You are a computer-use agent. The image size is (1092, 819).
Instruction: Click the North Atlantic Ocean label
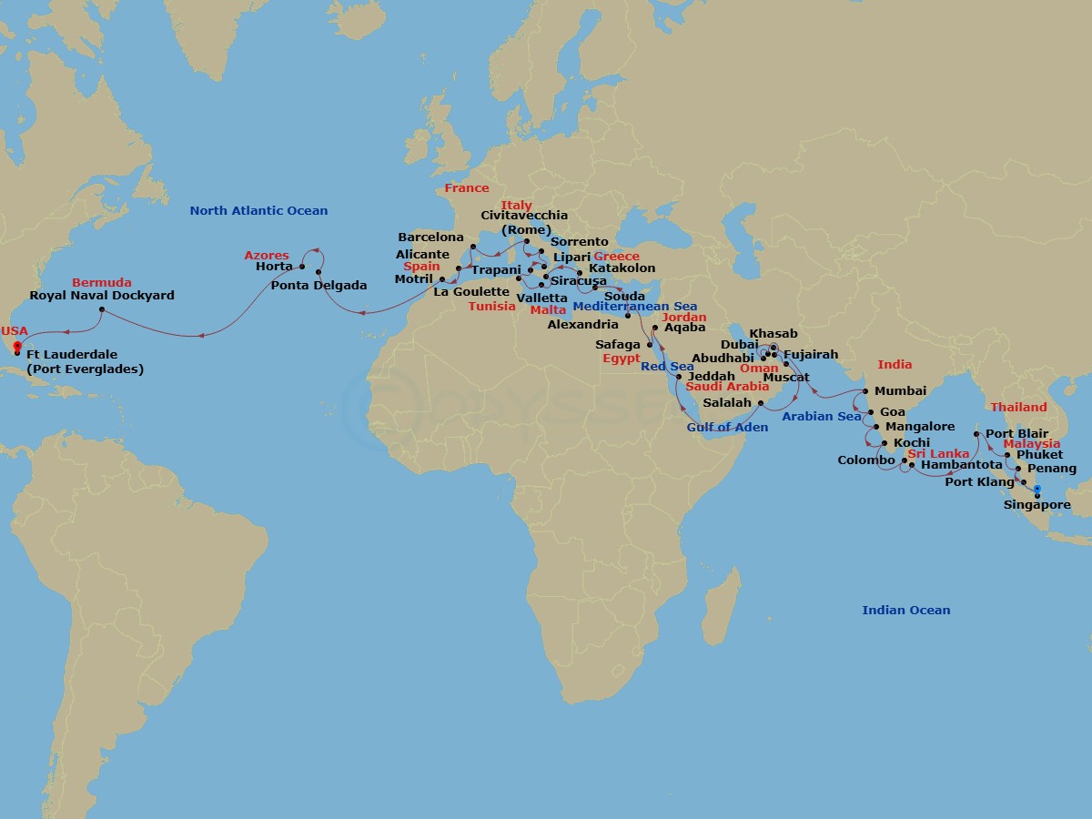258,211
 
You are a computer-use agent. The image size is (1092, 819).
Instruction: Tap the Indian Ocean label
905,611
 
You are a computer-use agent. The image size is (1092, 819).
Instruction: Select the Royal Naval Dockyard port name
102,296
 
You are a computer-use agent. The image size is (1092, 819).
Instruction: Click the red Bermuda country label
102,282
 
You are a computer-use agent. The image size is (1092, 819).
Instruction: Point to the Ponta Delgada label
318,286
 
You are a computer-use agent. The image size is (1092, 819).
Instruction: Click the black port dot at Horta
301,267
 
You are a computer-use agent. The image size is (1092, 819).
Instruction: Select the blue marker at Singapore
1037,490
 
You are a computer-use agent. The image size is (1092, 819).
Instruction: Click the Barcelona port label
430,238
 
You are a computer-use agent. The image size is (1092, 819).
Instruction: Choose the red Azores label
267,256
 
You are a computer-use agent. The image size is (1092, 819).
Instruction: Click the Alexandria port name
583,325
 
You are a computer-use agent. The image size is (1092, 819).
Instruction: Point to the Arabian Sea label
822,417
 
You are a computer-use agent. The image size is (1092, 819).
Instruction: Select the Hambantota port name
961,465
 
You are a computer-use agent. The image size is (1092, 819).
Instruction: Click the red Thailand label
1018,407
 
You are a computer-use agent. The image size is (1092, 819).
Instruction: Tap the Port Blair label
1016,434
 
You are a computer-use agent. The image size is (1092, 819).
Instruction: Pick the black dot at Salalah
761,403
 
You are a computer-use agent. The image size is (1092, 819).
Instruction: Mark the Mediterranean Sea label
635,307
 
